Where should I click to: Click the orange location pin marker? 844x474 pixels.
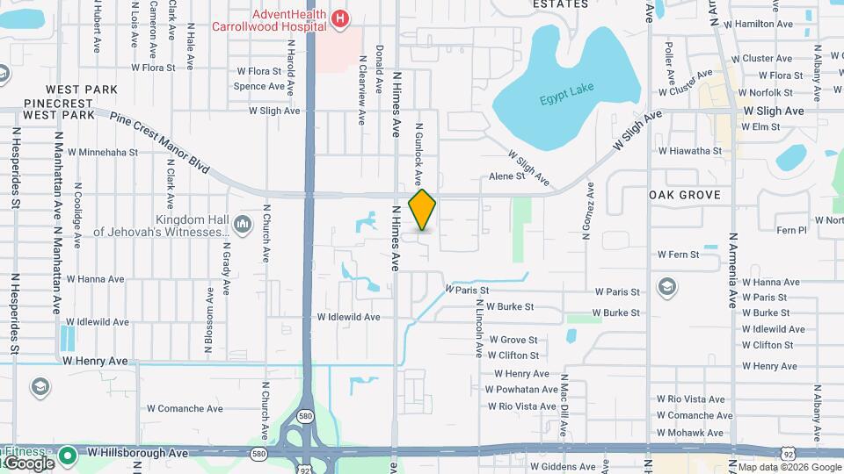pos(423,209)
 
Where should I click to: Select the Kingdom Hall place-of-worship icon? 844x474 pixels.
pos(242,226)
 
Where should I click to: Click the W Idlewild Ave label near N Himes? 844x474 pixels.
pos(348,317)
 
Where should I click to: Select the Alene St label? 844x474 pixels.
pos(506,176)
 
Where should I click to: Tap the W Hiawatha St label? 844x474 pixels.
pos(689,151)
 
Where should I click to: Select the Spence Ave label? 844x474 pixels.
pos(259,87)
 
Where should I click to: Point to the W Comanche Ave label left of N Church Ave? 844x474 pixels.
pos(185,408)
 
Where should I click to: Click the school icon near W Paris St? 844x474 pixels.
pos(667,287)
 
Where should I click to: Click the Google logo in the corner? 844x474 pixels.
pos(28,463)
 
